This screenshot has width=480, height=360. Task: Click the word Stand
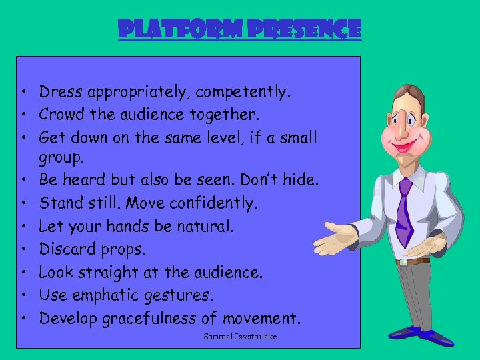[60, 203]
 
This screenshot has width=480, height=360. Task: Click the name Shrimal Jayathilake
[239, 337]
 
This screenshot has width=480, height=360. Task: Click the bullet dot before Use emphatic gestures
[23, 295]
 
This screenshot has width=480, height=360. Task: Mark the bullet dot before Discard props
[23, 249]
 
